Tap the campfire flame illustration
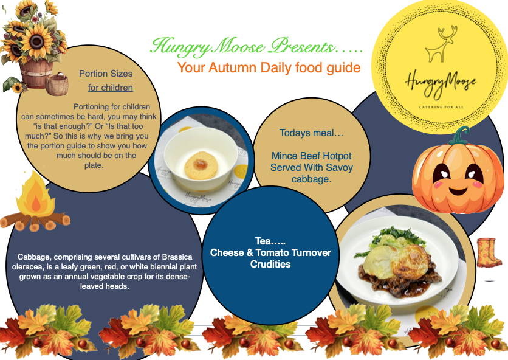35,195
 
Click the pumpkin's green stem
459,136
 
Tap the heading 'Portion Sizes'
106,74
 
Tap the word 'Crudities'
270,264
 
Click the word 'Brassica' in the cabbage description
177,257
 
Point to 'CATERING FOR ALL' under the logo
441,106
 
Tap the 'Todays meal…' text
311,133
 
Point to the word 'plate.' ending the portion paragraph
94,165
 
